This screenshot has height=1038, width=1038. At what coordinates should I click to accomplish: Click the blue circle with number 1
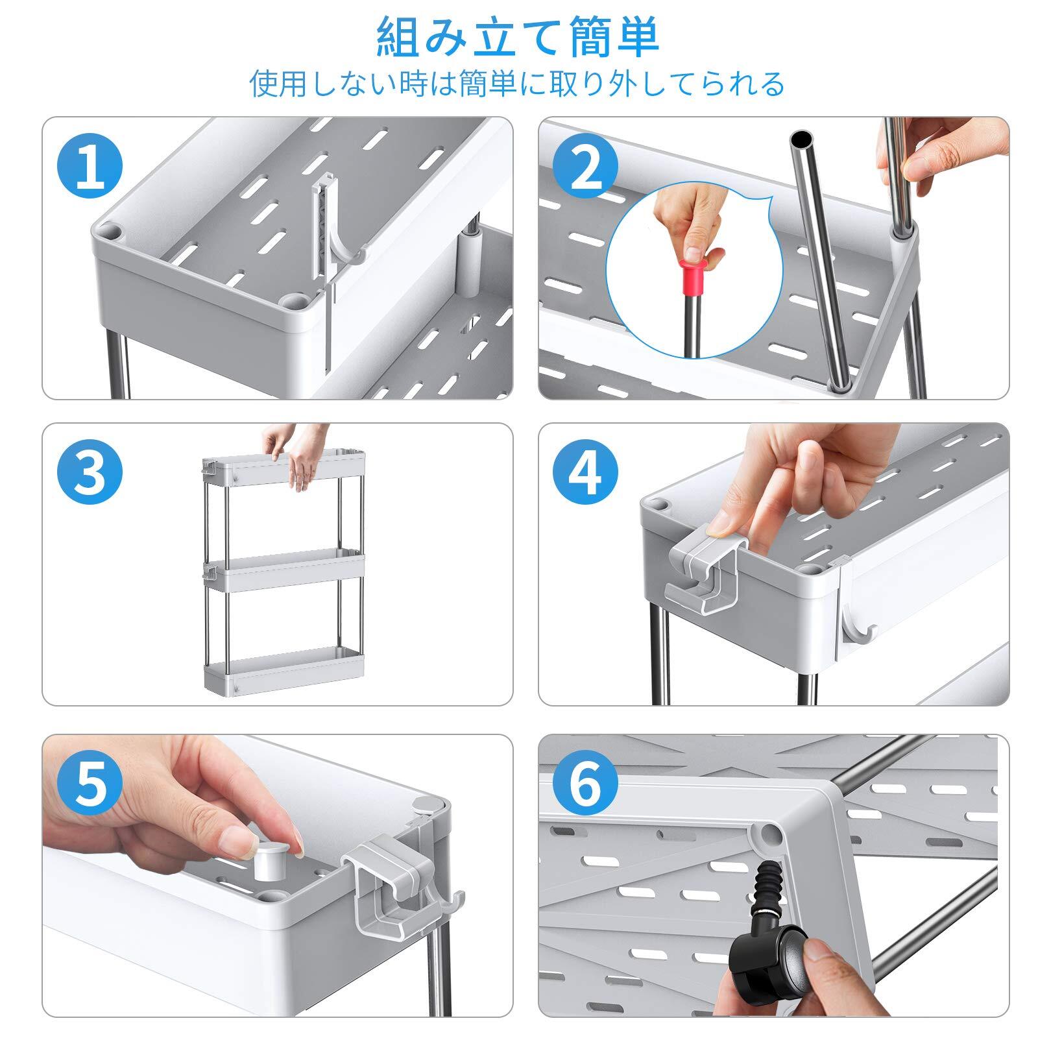pyautogui.click(x=90, y=167)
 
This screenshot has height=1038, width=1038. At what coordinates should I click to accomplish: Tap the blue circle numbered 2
pyautogui.click(x=586, y=167)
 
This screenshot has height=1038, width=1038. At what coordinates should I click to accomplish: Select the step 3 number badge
pyautogui.click(x=90, y=472)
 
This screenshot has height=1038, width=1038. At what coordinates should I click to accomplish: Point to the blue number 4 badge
pyautogui.click(x=586, y=472)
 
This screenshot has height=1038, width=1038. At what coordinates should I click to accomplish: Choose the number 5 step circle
pyautogui.click(x=90, y=784)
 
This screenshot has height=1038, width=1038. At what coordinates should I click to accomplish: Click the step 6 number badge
pyautogui.click(x=586, y=784)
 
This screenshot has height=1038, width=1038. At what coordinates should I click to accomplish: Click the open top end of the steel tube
pyautogui.click(x=803, y=138)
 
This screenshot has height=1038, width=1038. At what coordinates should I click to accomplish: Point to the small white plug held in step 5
pyautogui.click(x=269, y=863)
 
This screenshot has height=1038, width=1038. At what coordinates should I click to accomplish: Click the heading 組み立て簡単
pyautogui.click(x=518, y=39)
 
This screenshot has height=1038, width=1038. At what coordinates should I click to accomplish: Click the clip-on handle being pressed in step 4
pyautogui.click(x=704, y=569)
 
